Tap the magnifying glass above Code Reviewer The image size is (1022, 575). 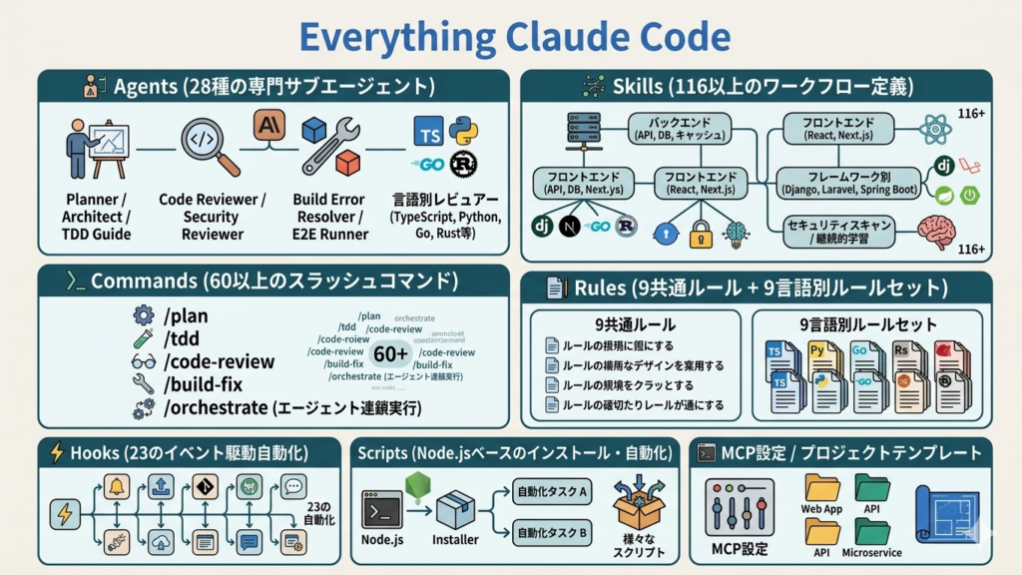click(x=211, y=146)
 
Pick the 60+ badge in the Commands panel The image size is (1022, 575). click(x=390, y=354)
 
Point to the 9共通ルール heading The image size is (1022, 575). click(x=635, y=325)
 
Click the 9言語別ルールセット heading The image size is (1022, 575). click(x=866, y=325)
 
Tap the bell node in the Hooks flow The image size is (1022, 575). click(x=117, y=488)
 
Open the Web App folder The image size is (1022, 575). click(x=822, y=488)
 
